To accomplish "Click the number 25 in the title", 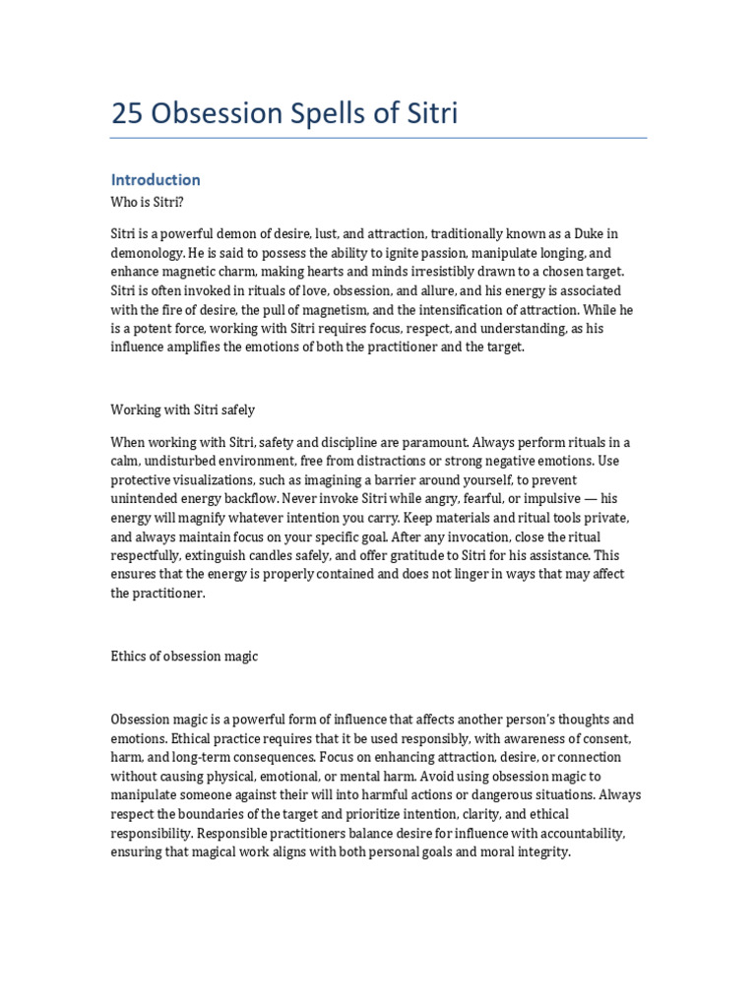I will [x=126, y=115].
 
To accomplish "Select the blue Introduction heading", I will [x=156, y=179].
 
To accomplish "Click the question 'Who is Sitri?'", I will [x=148, y=202].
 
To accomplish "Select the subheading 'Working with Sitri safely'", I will [x=183, y=409].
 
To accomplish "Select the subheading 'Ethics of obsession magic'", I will [x=184, y=656].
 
